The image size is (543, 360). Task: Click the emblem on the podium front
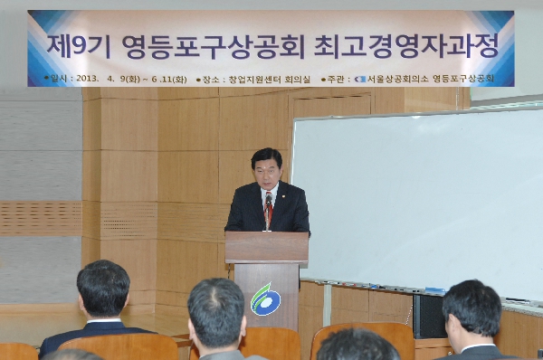coord(265,298)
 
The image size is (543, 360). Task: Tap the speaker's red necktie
coord(268,212)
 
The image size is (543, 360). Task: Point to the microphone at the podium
coord(268,200)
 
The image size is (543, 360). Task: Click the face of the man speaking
coord(267,173)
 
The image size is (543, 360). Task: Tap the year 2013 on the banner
coord(86,79)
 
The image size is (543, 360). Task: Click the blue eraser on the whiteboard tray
coord(434,290)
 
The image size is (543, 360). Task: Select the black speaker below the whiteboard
coord(429,317)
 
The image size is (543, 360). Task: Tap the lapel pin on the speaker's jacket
coord(282,193)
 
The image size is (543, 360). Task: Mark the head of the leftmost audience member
coord(102,288)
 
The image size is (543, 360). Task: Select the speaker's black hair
coord(266,156)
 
